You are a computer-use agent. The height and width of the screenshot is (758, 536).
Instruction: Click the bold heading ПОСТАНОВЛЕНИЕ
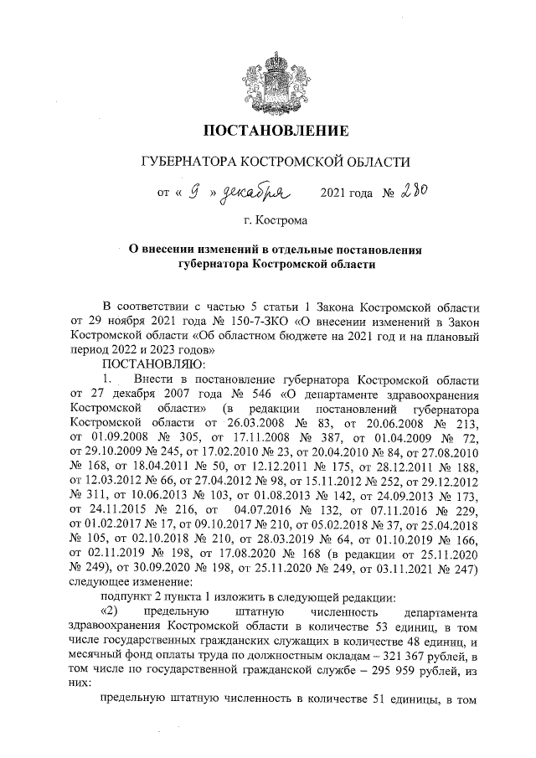click(x=268, y=131)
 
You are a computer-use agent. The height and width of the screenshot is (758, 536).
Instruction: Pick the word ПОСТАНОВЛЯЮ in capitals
click(x=147, y=364)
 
